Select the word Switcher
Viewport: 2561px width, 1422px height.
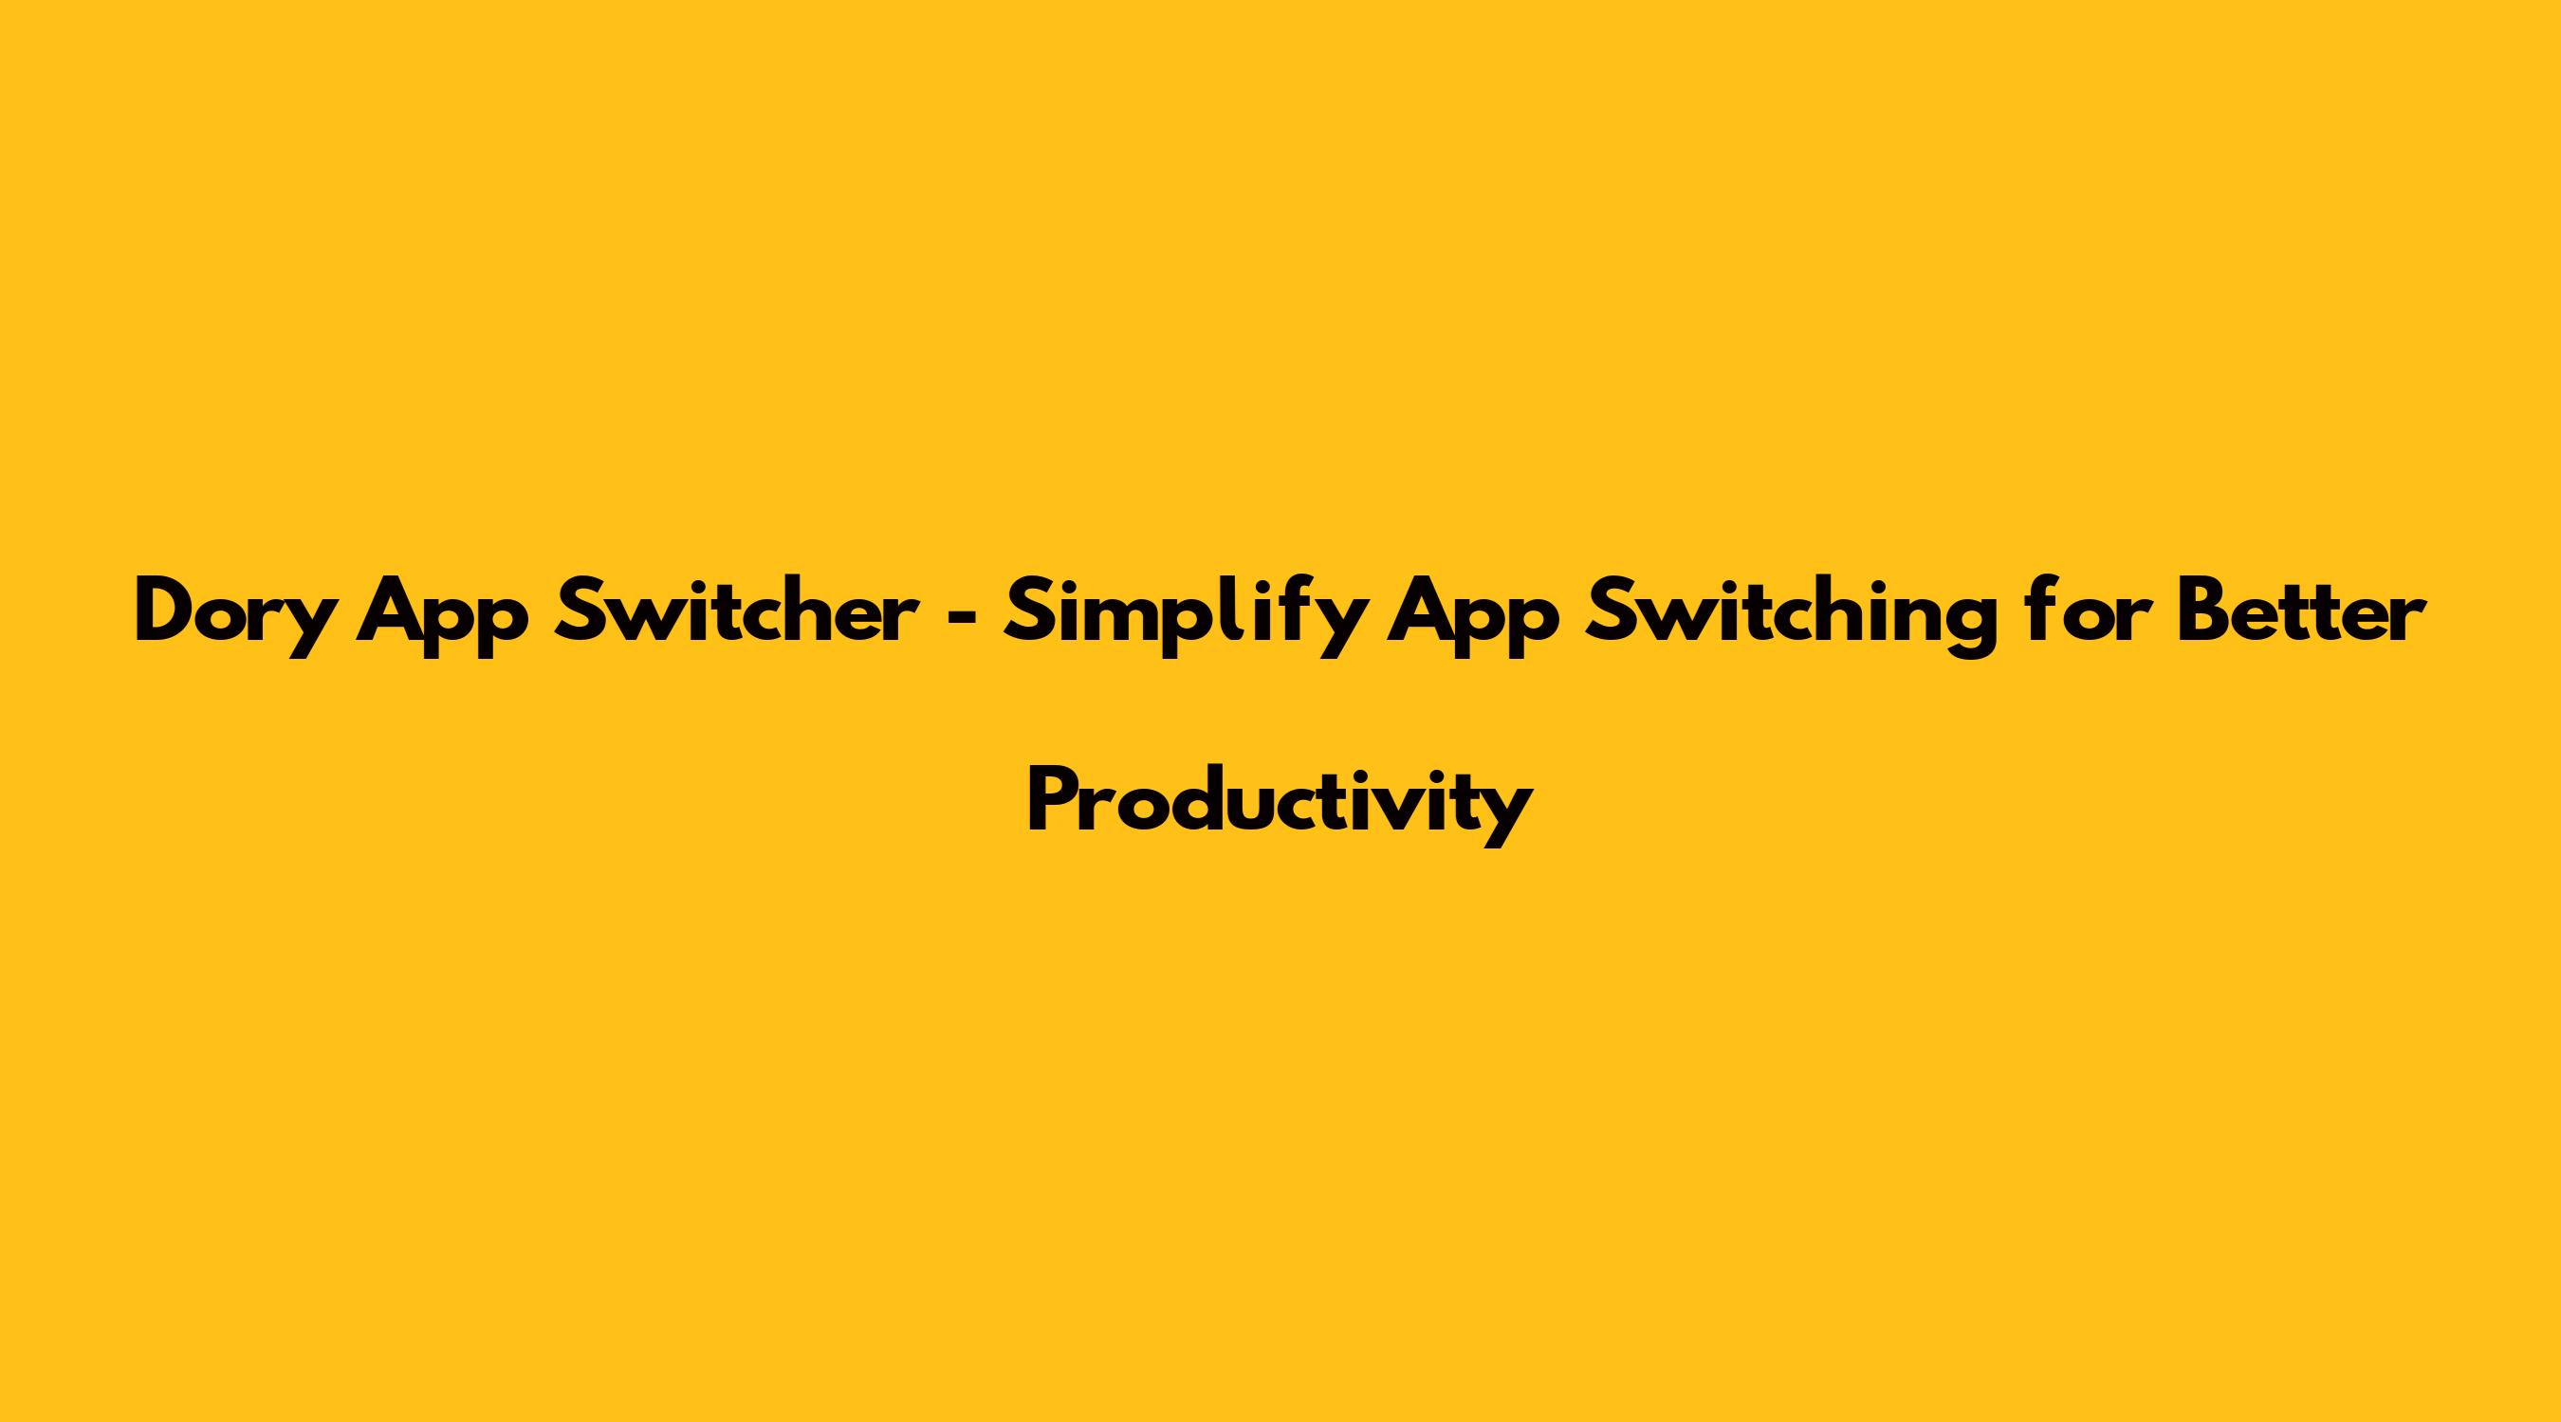point(736,611)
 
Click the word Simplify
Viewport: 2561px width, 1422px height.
point(1183,616)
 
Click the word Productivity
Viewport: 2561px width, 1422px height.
point(1280,801)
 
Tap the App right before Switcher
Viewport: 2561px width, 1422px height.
point(443,616)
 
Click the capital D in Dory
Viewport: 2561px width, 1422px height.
point(168,611)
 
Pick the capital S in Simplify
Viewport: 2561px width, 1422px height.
point(1029,611)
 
